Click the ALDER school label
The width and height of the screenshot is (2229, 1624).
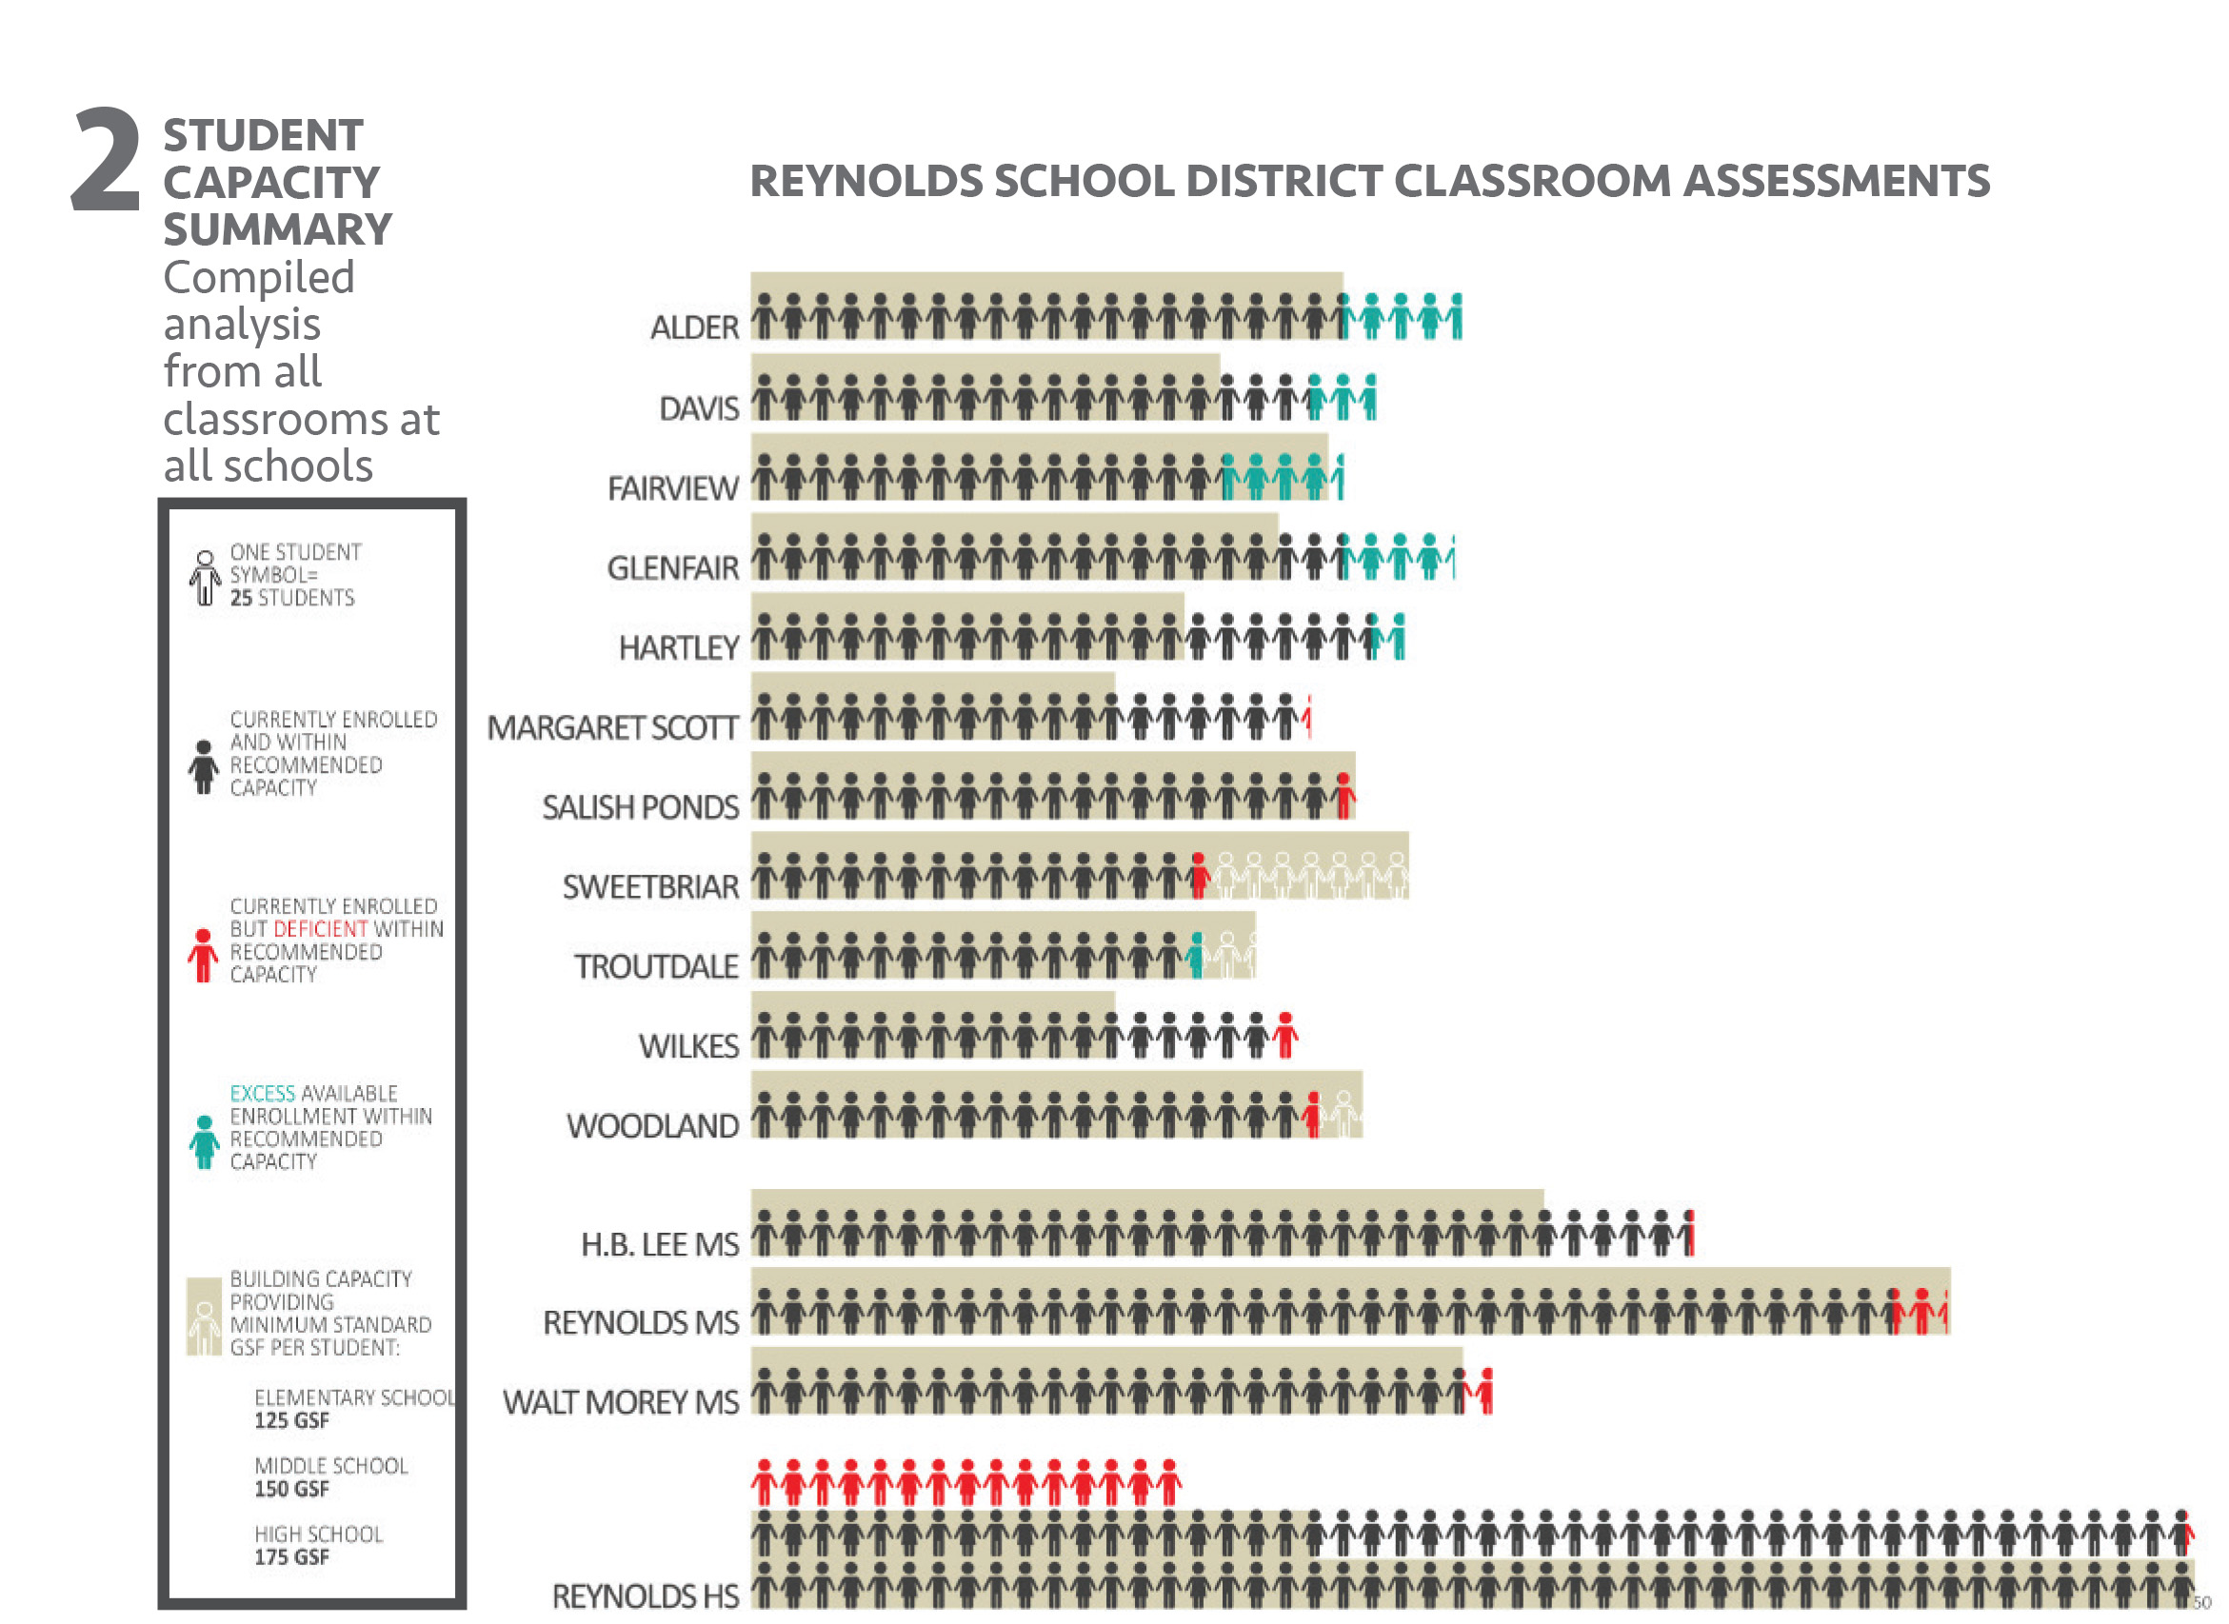[694, 327]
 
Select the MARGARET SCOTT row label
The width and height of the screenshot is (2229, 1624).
[612, 728]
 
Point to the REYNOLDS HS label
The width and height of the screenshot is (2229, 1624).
[645, 1596]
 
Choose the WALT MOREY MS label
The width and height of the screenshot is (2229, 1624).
[621, 1403]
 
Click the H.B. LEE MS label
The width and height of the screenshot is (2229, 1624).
[660, 1245]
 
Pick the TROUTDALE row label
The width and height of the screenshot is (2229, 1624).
[656, 967]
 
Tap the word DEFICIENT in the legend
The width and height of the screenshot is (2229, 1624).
[321, 930]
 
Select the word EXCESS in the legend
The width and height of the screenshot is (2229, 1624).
[263, 1094]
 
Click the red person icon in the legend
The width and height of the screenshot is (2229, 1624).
[204, 956]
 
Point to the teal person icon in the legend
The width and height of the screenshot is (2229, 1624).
[205, 1142]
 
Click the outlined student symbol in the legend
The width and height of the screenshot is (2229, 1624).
[205, 578]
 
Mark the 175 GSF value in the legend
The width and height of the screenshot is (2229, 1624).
[292, 1558]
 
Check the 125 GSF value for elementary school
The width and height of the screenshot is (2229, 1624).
[292, 1421]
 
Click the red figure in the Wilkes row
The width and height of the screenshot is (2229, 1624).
[1285, 1036]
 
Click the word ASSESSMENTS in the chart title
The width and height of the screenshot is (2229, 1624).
[1837, 182]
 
